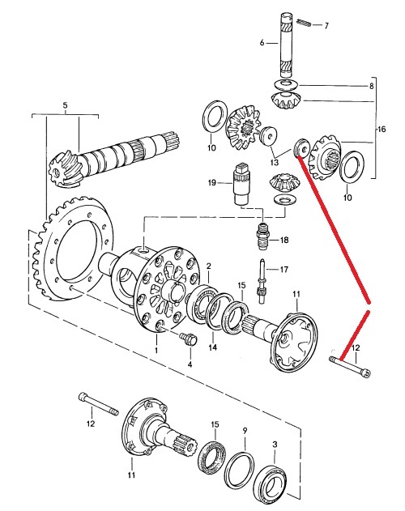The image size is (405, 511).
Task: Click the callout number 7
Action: (x=326, y=26)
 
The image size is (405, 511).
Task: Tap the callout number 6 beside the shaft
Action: (x=262, y=43)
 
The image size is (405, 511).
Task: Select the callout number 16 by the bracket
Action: (x=381, y=130)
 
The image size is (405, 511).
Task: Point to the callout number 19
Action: (x=212, y=182)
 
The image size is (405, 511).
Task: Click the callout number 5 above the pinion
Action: (x=66, y=105)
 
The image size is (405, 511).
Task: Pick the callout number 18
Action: (x=284, y=241)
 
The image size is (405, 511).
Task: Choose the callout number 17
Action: (x=284, y=270)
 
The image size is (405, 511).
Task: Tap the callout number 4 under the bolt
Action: (x=190, y=364)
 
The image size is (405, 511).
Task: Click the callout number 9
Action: (x=245, y=431)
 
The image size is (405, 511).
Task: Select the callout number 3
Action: (x=275, y=445)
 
